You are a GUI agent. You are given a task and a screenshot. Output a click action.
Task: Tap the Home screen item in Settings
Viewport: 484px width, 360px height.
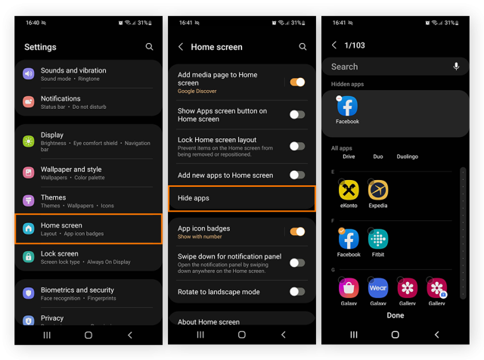88,228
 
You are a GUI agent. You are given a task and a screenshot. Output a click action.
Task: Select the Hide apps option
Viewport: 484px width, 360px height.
240,198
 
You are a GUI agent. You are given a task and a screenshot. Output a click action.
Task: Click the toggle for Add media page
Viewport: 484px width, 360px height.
297,82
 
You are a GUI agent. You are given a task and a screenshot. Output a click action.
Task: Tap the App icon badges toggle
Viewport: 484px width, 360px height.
297,231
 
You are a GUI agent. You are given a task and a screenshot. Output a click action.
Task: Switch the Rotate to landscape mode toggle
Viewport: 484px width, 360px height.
297,292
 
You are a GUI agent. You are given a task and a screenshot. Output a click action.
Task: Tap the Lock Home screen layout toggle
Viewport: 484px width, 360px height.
297,146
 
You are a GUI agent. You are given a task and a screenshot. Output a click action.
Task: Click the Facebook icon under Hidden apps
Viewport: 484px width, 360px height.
348,107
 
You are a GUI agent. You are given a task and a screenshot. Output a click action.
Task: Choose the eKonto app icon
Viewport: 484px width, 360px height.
349,191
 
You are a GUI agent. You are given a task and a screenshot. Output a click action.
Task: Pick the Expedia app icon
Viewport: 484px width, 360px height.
378,191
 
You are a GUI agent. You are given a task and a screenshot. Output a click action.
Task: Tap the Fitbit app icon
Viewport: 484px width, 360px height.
378,240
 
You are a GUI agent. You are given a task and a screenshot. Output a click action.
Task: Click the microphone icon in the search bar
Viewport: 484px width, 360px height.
456,67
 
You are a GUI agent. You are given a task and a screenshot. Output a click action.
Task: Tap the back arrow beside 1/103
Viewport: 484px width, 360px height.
334,45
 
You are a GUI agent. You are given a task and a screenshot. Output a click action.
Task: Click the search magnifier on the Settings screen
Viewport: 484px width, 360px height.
149,47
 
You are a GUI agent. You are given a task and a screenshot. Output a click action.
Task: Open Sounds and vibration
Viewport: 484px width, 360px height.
88,74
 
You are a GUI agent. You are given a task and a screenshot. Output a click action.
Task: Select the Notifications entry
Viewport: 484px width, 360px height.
88,102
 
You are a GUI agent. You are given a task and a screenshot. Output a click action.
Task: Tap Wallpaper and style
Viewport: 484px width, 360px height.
88,172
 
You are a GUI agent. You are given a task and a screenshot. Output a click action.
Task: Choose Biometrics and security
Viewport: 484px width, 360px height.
88,293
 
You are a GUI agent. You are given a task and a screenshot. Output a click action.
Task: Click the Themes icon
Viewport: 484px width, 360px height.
29,200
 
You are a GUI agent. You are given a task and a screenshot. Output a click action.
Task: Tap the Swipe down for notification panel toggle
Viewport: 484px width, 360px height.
297,263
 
